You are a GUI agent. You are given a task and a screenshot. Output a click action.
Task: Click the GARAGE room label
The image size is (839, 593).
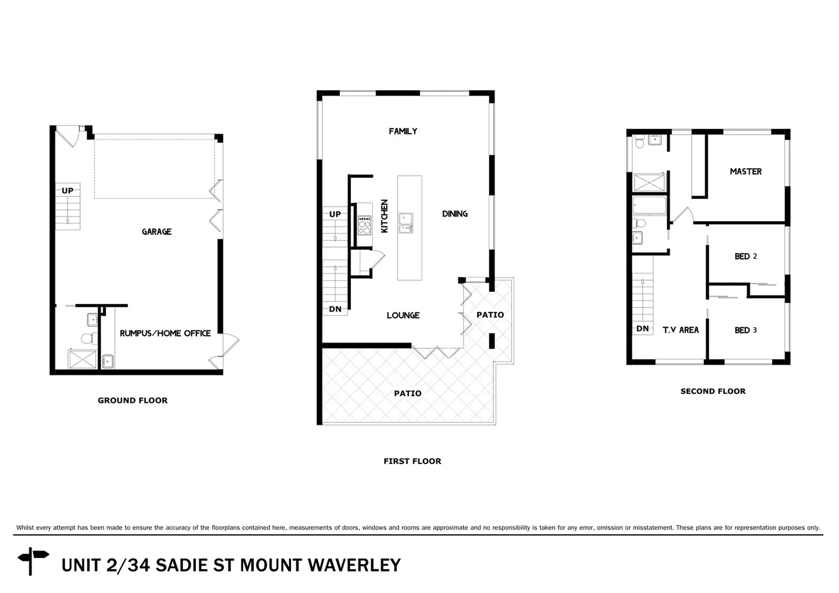pyautogui.click(x=156, y=232)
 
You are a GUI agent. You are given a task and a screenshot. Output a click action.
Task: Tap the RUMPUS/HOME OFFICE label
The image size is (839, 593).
pyautogui.click(x=165, y=333)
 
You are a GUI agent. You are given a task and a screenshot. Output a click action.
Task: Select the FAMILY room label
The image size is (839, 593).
pyautogui.click(x=402, y=131)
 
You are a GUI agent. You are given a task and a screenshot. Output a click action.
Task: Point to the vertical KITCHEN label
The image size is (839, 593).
pyautogui.click(x=384, y=216)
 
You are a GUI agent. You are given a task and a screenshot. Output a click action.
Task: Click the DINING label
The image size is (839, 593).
pyautogui.click(x=455, y=214)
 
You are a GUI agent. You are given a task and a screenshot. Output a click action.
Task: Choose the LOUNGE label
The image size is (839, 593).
pyautogui.click(x=402, y=315)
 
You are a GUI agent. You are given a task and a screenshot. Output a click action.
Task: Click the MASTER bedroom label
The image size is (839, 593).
pyautogui.click(x=745, y=171)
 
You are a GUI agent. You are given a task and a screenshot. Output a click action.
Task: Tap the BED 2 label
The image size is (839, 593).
pyautogui.click(x=746, y=256)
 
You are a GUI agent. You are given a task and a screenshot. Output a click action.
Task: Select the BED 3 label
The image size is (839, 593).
pyautogui.click(x=746, y=330)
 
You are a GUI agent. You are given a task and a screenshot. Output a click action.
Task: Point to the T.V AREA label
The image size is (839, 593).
pyautogui.click(x=680, y=330)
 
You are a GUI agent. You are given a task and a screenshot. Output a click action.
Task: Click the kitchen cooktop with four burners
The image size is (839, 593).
pyautogui.click(x=364, y=225)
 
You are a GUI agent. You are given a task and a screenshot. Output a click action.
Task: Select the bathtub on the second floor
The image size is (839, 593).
pyautogui.click(x=649, y=206)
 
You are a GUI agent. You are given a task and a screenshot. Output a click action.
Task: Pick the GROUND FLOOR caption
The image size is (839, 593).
pyautogui.click(x=132, y=400)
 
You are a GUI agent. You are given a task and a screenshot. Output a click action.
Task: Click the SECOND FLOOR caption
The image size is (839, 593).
pyautogui.click(x=713, y=391)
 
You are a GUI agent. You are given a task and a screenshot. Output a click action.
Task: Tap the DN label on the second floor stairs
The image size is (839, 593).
pyautogui.click(x=642, y=329)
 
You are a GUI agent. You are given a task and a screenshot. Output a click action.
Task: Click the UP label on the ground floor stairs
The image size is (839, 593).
pyautogui.click(x=67, y=191)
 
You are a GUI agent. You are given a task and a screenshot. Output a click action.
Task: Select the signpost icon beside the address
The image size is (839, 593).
pyautogui.click(x=33, y=561)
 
